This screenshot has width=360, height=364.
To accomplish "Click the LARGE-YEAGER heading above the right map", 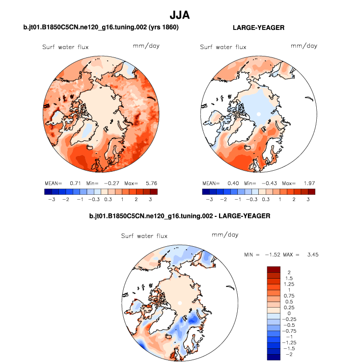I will [258, 28].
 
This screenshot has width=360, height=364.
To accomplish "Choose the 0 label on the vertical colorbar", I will [289, 312].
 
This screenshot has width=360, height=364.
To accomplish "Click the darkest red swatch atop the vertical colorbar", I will [274, 269].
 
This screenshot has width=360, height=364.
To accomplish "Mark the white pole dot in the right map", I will [258, 114].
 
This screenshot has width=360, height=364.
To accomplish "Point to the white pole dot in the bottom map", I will [180, 303].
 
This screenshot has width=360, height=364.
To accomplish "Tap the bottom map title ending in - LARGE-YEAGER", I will [180, 216].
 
